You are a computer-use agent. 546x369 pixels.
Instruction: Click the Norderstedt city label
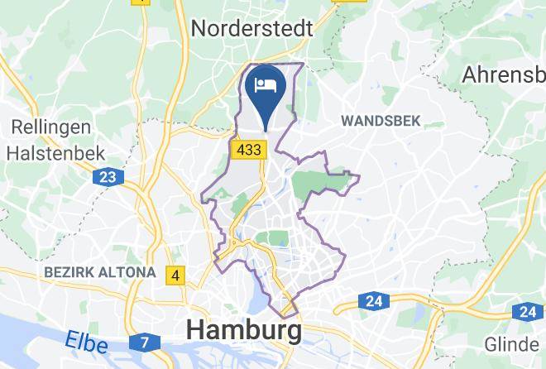click(x=251, y=29)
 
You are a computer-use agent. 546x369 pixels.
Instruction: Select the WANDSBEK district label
click(x=381, y=121)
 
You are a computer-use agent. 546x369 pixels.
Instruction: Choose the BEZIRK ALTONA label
click(x=100, y=271)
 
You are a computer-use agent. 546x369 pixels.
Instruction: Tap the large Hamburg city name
click(x=244, y=330)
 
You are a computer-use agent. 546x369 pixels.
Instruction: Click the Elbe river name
click(x=87, y=341)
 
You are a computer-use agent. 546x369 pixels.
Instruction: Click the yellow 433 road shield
click(x=248, y=150)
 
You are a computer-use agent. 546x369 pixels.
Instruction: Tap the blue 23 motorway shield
click(x=108, y=176)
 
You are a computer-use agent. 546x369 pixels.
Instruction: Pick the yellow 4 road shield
click(x=175, y=275)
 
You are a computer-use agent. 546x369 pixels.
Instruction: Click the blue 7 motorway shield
click(x=145, y=341)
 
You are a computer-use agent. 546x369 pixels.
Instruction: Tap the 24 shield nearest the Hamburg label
click(x=374, y=301)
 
